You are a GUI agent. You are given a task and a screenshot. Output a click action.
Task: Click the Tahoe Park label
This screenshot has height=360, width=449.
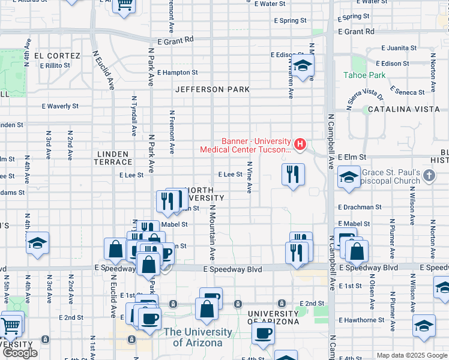pyautogui.click(x=364, y=75)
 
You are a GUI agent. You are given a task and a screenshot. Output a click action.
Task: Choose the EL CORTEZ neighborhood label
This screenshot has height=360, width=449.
pyautogui.click(x=57, y=56)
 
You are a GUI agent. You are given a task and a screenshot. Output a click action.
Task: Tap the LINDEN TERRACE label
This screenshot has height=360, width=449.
pyautogui.click(x=113, y=158)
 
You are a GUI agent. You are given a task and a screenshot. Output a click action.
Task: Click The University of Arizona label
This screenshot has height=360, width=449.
pyautogui.click(x=197, y=337)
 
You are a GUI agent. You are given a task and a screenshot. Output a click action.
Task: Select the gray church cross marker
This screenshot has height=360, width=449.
pyautogui.click(x=428, y=175)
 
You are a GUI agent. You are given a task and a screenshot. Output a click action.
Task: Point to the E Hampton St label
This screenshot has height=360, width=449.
pyautogui.click(x=177, y=73)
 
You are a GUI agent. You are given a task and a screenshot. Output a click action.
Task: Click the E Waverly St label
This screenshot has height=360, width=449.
pyautogui.click(x=60, y=106)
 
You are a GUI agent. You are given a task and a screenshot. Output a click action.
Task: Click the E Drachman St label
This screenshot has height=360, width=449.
pyautogui.click(x=360, y=207)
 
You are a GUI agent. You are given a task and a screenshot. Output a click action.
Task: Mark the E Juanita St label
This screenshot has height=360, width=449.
pyautogui.click(x=399, y=48)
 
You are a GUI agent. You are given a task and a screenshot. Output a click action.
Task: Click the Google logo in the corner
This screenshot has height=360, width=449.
pyautogui.click(x=20, y=353)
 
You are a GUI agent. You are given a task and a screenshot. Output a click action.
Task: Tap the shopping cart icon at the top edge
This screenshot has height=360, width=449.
pyautogui.click(x=125, y=5)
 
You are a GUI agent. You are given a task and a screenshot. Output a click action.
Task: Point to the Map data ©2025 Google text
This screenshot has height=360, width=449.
pyautogui.click(x=412, y=355)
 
